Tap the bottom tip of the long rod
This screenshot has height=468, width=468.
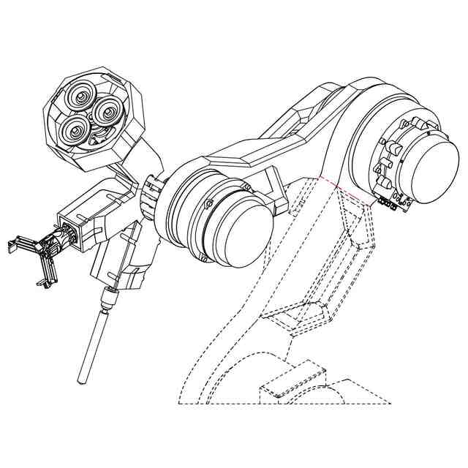point(83,380)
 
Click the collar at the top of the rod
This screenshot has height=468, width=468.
point(107,298)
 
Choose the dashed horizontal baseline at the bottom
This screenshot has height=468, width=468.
point(285,404)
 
